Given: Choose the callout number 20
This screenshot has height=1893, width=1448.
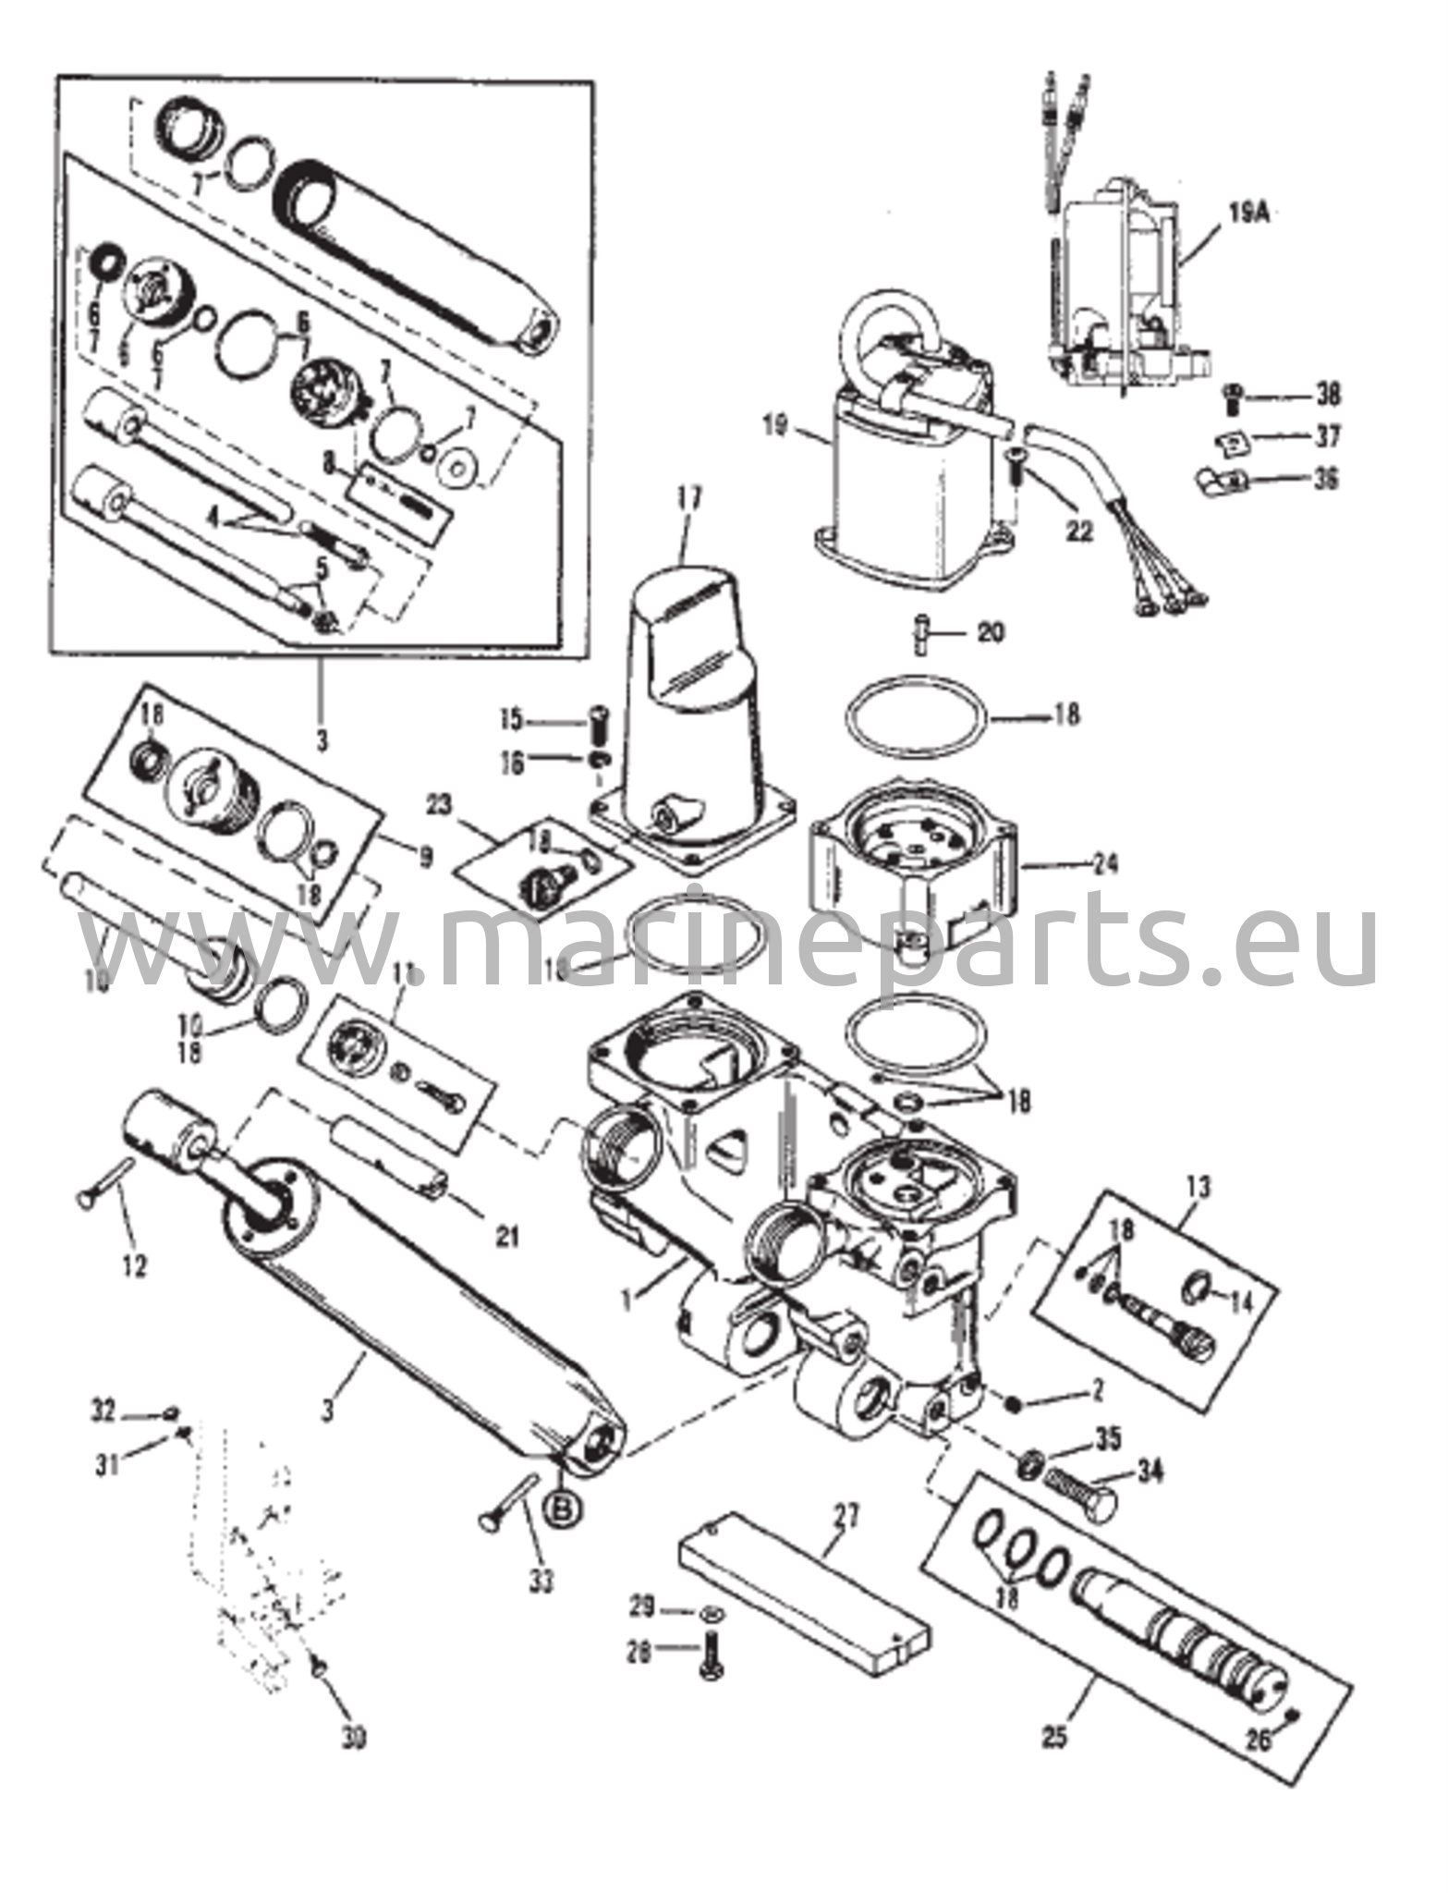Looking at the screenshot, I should pos(990,633).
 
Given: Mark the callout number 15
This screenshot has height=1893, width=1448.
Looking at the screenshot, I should pos(539,718).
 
